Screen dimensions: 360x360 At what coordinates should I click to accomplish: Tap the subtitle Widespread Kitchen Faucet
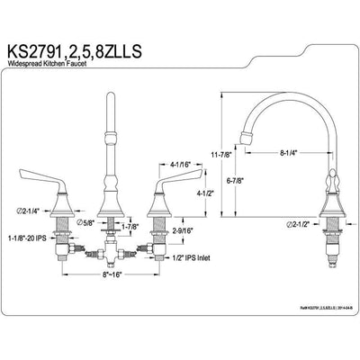(63, 66)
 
